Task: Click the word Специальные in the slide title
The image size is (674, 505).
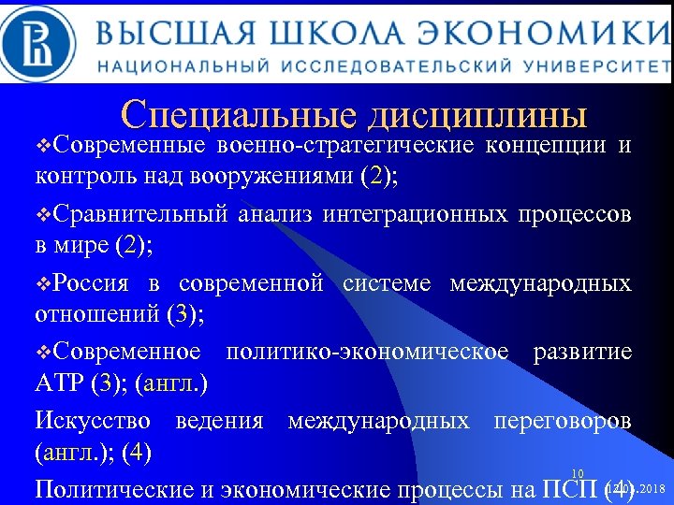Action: (x=240, y=115)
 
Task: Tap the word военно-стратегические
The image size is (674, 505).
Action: (x=345, y=146)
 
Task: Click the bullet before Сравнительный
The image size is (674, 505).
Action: (x=41, y=215)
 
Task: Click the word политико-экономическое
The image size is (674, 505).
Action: (x=367, y=351)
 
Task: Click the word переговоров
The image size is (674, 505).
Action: (x=561, y=420)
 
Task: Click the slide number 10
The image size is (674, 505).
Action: (x=578, y=473)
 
